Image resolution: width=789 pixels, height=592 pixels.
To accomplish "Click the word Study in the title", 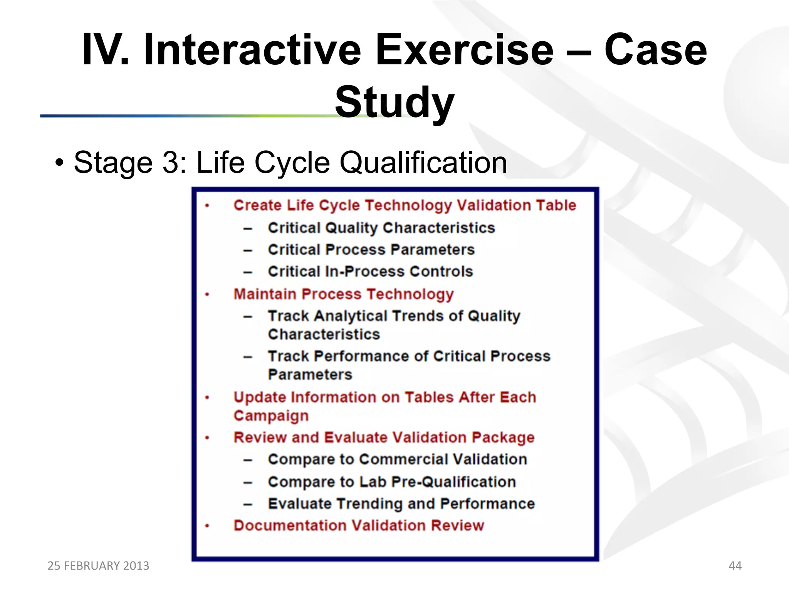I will (x=394, y=103).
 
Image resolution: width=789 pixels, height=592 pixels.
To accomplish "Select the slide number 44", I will (x=735, y=565).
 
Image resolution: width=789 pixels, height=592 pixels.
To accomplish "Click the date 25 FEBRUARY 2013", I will (x=98, y=565).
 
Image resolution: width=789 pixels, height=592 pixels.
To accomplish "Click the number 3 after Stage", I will (x=170, y=163).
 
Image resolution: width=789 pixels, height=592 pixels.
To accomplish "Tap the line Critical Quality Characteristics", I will (x=381, y=228).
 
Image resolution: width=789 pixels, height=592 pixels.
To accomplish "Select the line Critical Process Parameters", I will (x=371, y=250).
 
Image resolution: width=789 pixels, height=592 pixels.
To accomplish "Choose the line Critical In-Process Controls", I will (x=370, y=272).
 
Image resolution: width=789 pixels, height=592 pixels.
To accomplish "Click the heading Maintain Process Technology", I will (x=343, y=294).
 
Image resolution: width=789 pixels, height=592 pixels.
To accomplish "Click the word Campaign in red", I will (x=271, y=415).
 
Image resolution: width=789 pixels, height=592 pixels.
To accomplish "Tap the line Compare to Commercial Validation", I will (x=397, y=459).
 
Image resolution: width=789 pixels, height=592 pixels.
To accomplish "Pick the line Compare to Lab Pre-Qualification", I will (x=392, y=482).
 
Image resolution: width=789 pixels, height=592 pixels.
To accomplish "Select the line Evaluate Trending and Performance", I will (x=401, y=504).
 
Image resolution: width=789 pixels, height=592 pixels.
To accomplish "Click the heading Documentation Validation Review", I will (x=358, y=526).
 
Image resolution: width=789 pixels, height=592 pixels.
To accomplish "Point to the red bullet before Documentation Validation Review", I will (x=207, y=526).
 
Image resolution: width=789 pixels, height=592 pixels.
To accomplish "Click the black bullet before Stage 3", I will (x=59, y=163).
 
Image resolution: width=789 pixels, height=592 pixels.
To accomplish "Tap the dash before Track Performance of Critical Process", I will (x=248, y=357).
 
